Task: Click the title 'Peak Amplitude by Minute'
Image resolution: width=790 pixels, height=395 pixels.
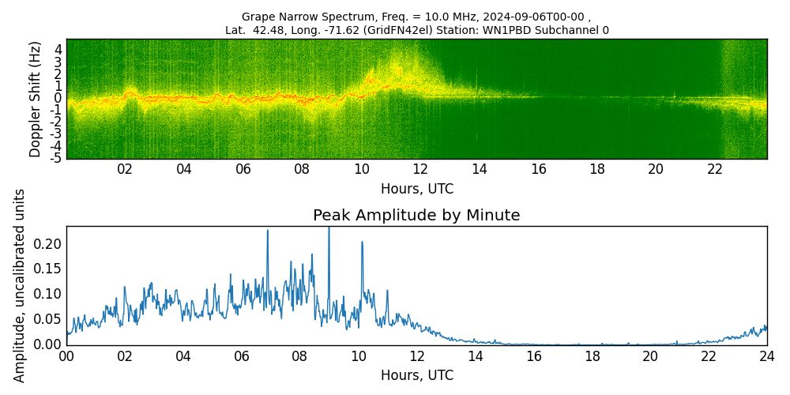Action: click(x=416, y=216)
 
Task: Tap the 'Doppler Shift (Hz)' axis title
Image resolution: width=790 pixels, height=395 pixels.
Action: click(x=36, y=100)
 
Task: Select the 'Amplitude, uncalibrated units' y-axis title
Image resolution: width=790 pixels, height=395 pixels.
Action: click(x=20, y=285)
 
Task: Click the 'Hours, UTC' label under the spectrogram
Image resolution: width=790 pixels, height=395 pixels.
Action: click(x=416, y=190)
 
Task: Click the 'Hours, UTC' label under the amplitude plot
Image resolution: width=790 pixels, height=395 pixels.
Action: click(x=416, y=376)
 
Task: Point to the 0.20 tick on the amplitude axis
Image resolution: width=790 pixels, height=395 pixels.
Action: click(x=47, y=243)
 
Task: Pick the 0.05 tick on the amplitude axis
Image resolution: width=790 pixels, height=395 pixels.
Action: click(x=47, y=319)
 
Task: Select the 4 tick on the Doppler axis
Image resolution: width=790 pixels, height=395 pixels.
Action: click(x=58, y=49)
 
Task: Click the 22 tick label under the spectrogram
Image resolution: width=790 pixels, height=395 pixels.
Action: click(x=715, y=169)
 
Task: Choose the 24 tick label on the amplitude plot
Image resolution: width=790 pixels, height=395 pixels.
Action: click(x=766, y=356)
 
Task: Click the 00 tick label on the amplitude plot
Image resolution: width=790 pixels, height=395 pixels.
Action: click(x=66, y=356)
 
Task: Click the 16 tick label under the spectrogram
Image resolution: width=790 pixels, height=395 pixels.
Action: click(x=539, y=169)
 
